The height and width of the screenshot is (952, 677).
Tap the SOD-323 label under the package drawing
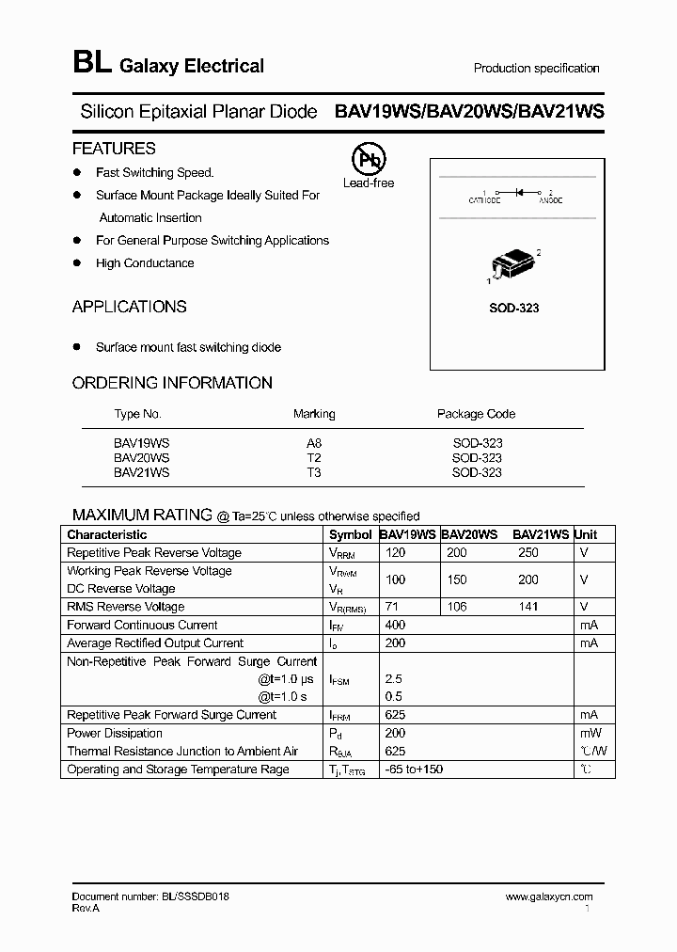[514, 309]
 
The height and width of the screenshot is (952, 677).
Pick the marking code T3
[314, 472]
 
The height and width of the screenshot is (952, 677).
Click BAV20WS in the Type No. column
[141, 458]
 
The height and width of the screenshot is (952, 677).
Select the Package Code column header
[476, 414]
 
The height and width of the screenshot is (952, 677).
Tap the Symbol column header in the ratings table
[350, 534]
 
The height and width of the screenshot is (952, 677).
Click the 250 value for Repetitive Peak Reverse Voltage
[528, 553]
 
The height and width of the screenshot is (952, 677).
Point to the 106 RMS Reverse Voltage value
[457, 607]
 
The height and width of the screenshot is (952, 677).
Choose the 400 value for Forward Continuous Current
[396, 626]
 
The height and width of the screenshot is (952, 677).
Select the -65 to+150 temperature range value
[414, 770]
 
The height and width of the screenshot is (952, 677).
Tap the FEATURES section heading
[114, 149]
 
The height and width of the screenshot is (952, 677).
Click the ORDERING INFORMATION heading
[172, 383]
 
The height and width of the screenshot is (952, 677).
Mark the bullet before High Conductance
[77, 263]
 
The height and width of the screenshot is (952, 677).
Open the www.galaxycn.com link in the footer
[549, 897]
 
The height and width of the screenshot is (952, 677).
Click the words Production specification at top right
[536, 69]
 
